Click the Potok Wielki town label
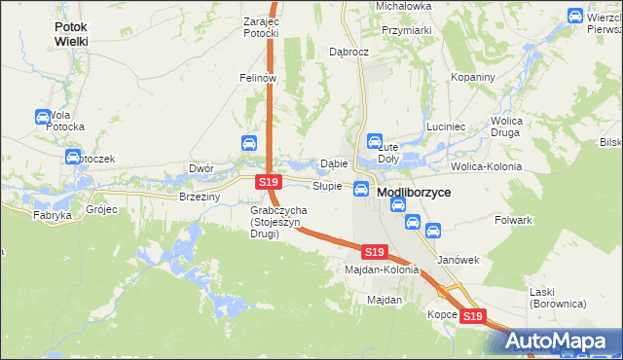pyautogui.click(x=71, y=34)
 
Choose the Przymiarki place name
pyautogui.click(x=407, y=30)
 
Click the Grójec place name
pyautogui.click(x=101, y=209)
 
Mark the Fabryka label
pyautogui.click(x=53, y=215)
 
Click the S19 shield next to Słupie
pyautogui.click(x=270, y=182)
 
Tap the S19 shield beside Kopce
pyautogui.click(x=473, y=316)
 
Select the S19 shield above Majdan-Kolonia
pyautogui.click(x=375, y=251)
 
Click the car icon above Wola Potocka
pyautogui.click(x=43, y=118)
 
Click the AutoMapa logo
pyautogui.click(x=555, y=341)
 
